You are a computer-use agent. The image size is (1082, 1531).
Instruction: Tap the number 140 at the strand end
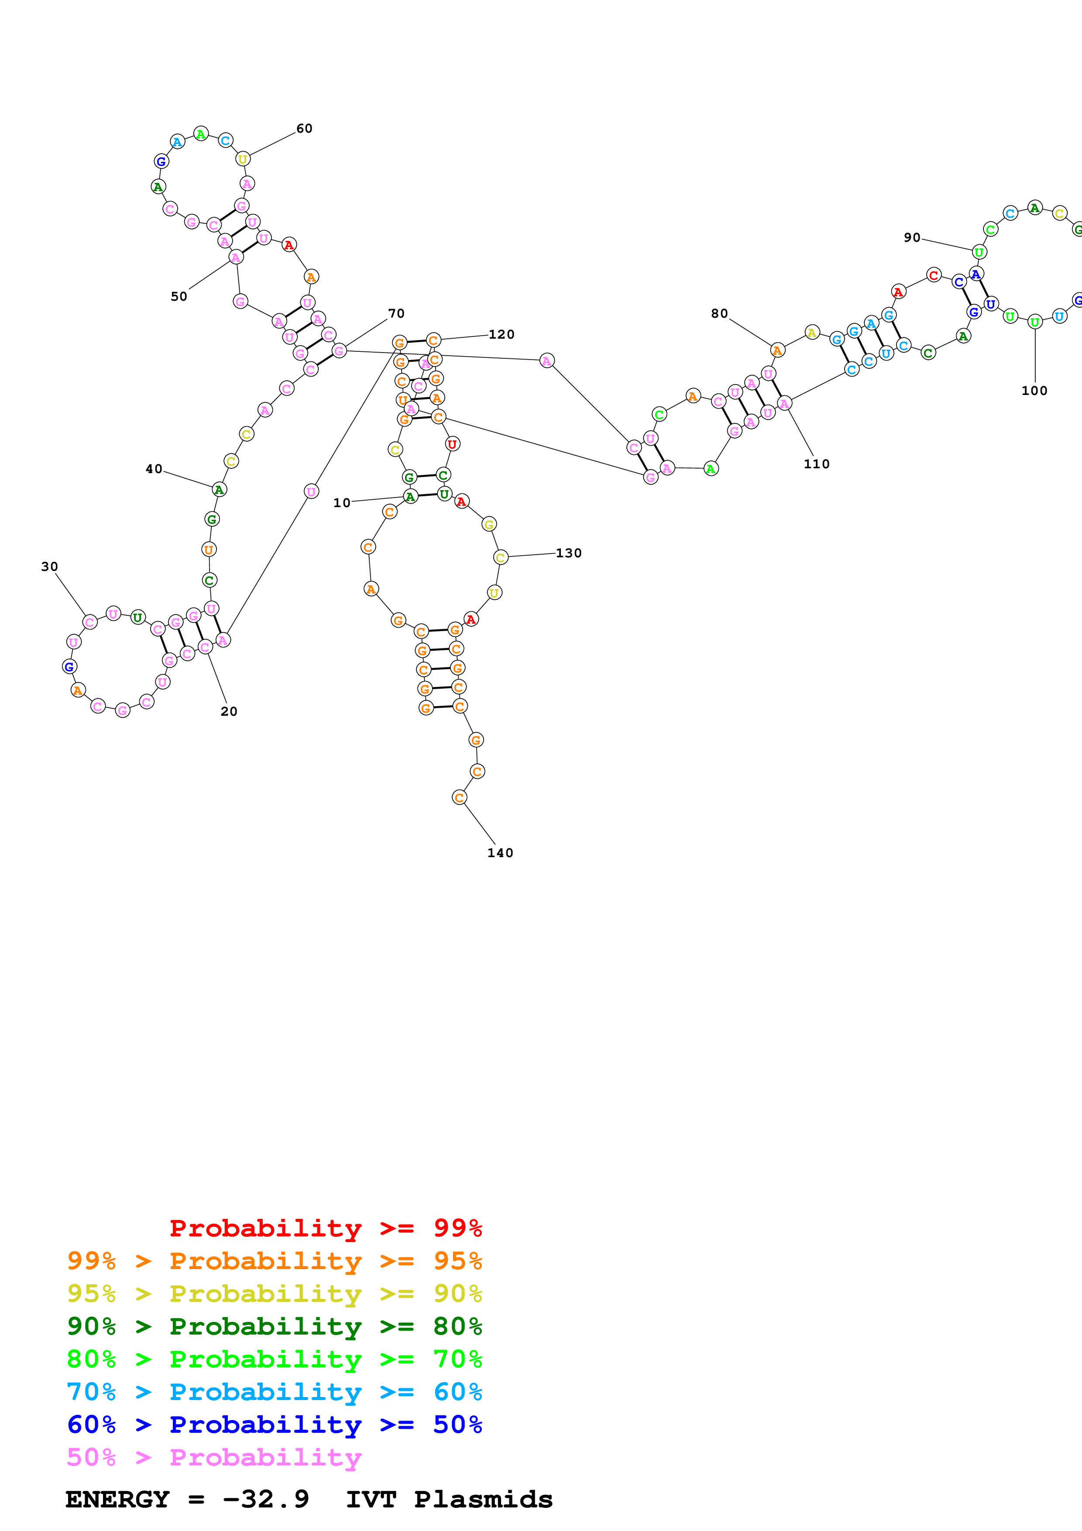pyautogui.click(x=500, y=853)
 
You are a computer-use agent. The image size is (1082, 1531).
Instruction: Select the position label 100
pyautogui.click(x=1034, y=391)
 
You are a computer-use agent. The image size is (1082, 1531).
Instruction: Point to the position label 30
pyautogui.click(x=49, y=567)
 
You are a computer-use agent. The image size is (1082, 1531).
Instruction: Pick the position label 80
pyautogui.click(x=719, y=313)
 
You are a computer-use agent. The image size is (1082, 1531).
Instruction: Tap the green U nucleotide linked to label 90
pyautogui.click(x=979, y=252)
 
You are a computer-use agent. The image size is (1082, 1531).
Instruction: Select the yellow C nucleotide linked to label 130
pyautogui.click(x=501, y=557)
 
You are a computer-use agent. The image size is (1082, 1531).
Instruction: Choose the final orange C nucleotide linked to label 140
pyautogui.click(x=459, y=797)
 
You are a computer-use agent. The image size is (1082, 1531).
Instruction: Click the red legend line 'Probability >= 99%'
pyautogui.click(x=325, y=1228)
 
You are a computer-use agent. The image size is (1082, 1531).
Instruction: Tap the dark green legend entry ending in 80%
pyautogui.click(x=275, y=1326)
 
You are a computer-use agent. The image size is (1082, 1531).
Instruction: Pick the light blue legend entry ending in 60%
pyautogui.click(x=275, y=1392)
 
